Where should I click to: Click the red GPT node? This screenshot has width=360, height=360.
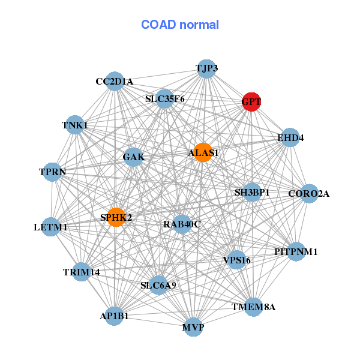point(251,102)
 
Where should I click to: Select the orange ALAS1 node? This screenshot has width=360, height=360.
point(203,152)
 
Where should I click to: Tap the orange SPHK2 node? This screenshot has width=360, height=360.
point(116,217)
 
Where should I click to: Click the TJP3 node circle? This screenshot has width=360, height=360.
point(206,69)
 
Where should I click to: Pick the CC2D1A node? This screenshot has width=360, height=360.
point(115,81)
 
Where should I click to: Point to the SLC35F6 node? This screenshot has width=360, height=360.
point(164,99)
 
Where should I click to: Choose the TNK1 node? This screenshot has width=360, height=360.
point(75,125)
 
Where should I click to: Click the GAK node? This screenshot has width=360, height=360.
point(133,157)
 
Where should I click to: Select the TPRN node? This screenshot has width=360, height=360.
point(52,172)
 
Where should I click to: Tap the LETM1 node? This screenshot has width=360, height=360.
point(51,227)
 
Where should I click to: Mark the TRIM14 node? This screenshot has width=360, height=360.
point(81,272)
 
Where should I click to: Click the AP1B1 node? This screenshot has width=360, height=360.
point(114,316)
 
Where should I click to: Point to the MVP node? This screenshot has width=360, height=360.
point(193,327)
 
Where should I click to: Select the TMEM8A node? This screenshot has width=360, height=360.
point(253,307)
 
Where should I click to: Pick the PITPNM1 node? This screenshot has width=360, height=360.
point(296,251)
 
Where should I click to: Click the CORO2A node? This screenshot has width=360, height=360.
point(309,194)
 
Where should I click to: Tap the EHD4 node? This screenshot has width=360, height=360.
point(290,137)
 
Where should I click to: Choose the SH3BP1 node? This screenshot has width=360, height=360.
point(252,192)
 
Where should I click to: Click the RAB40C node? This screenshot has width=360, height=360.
point(182,224)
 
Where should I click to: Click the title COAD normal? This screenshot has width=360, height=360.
point(180,25)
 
